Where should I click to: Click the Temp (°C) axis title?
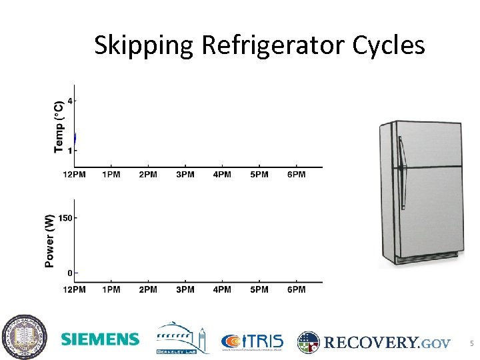(x=59, y=126)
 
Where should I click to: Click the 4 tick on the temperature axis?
(x=71, y=101)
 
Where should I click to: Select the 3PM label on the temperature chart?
(x=185, y=175)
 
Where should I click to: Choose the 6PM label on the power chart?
(x=296, y=289)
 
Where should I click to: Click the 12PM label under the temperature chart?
(x=74, y=175)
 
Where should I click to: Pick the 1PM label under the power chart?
(x=111, y=289)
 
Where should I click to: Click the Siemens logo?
(x=100, y=339)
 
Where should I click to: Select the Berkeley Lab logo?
(x=179, y=339)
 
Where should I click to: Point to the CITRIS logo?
(x=252, y=341)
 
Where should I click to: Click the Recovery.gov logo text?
(x=387, y=343)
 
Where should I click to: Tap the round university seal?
(x=24, y=339)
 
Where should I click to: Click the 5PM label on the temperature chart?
(x=259, y=175)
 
